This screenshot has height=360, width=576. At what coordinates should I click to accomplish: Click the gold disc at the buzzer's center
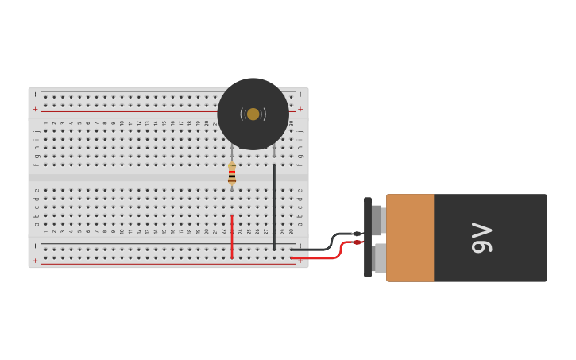pos(253,114)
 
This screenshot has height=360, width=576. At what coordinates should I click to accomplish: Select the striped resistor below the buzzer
pos(232,174)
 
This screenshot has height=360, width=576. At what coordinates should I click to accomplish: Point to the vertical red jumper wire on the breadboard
pos(232,237)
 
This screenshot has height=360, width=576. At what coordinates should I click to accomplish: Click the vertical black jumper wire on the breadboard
pos(275,207)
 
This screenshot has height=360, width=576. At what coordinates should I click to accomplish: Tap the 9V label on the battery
pos(482,238)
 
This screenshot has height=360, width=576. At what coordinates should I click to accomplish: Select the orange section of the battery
pos(410,238)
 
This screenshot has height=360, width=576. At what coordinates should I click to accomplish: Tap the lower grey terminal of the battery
pos(379,258)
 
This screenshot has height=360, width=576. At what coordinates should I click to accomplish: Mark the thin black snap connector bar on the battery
pos(368,237)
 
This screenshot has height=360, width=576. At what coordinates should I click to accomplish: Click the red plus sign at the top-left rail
pos(35,109)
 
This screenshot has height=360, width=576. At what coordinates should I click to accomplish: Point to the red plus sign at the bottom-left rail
pos(35,261)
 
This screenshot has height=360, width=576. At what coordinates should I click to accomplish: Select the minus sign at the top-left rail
pos(35,94)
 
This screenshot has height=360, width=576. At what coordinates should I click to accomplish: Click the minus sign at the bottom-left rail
pos(35,246)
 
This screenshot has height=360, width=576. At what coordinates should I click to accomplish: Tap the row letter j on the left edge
pos(37,131)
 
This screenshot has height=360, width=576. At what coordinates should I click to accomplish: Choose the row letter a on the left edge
pos(37,223)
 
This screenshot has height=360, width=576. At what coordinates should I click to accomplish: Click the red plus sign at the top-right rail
pos(300,109)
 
